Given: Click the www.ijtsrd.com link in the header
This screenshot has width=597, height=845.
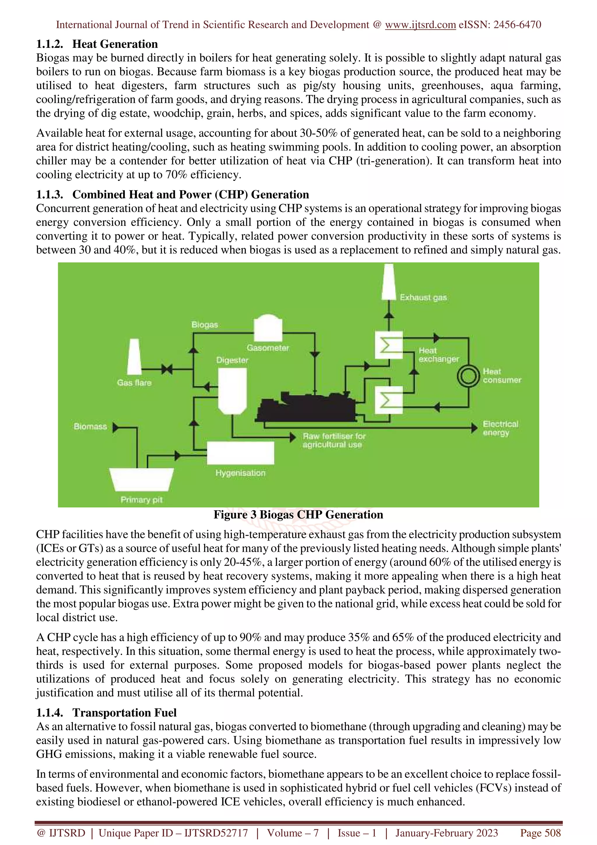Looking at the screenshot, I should point(420,25).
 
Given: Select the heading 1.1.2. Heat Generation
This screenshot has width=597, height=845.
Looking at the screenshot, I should point(97,44).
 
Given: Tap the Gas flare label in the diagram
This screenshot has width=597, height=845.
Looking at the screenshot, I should point(134,383).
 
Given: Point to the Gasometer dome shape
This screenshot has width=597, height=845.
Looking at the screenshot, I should point(268,327).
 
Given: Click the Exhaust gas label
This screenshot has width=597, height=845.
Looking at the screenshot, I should point(423,297).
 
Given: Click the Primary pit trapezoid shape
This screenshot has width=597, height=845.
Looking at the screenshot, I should point(142,479).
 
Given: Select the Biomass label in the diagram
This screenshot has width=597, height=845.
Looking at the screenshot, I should point(90,427).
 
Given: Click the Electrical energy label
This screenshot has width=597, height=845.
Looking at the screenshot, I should point(500,428).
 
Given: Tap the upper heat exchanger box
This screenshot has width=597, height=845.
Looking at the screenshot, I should point(389,345).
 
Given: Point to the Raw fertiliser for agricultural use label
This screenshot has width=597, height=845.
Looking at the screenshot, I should point(334,440).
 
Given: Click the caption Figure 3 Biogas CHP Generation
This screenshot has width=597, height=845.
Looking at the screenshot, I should point(298,515).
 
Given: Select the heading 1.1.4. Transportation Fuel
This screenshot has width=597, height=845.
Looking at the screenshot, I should point(106,713).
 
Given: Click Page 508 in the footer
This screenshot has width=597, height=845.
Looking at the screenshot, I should point(540,833).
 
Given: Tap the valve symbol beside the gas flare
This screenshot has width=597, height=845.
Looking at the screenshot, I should point(167,369).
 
